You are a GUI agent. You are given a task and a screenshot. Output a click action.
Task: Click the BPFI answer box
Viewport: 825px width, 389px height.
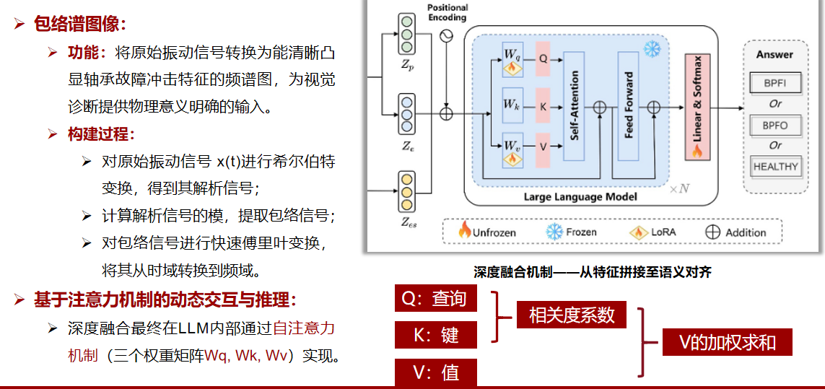coord(775,83)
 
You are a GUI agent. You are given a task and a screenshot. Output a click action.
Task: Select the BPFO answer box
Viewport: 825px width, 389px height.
coord(775,126)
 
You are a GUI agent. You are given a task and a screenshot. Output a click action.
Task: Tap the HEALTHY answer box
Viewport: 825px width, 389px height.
coord(775,166)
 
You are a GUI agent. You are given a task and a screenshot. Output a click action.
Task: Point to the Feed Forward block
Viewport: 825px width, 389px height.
coord(629,106)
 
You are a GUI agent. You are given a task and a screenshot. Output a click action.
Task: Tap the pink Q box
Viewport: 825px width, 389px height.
coord(544,56)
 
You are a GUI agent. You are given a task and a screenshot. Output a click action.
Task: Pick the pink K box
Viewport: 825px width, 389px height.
coord(544,106)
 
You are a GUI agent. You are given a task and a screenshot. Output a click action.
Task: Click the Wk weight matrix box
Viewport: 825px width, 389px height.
coord(512,105)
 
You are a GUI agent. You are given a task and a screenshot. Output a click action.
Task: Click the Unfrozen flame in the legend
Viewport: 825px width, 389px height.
coord(466,231)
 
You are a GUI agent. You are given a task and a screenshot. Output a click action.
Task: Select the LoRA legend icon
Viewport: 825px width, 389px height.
coord(639,232)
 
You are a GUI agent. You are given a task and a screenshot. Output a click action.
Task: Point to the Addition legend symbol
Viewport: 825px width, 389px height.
coord(712,232)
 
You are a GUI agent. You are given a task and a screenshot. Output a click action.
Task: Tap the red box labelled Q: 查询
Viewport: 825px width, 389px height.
coord(436,299)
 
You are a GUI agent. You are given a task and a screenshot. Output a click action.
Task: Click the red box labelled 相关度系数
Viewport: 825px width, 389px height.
coord(572,315)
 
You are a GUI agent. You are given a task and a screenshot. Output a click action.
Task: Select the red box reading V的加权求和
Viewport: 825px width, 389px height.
coord(727,342)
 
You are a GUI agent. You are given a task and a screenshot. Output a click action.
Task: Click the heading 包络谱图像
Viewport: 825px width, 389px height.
coord(79,24)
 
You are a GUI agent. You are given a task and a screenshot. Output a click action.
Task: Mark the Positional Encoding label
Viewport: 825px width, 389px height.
coord(447,12)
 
